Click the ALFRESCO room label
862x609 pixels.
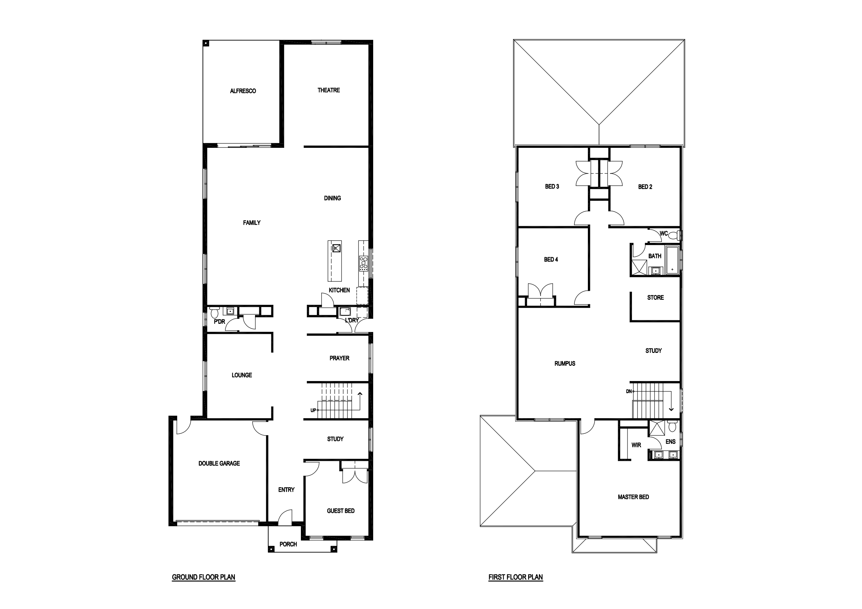243,91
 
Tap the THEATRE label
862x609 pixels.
329,90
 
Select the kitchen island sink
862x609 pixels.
336,248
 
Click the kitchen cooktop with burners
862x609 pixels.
363,263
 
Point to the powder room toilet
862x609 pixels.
215,312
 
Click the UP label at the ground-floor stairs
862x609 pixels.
313,410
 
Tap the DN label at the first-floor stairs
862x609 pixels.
629,391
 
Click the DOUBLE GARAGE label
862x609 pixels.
219,464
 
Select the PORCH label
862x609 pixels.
288,544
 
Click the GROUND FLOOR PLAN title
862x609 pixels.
204,577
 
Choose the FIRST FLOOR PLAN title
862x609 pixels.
516,577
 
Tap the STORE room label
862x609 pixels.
656,297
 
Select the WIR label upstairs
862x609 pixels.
636,445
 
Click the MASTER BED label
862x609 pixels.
633,497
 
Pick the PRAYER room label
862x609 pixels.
339,358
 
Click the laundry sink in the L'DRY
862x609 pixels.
345,311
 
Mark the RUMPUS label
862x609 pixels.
565,363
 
